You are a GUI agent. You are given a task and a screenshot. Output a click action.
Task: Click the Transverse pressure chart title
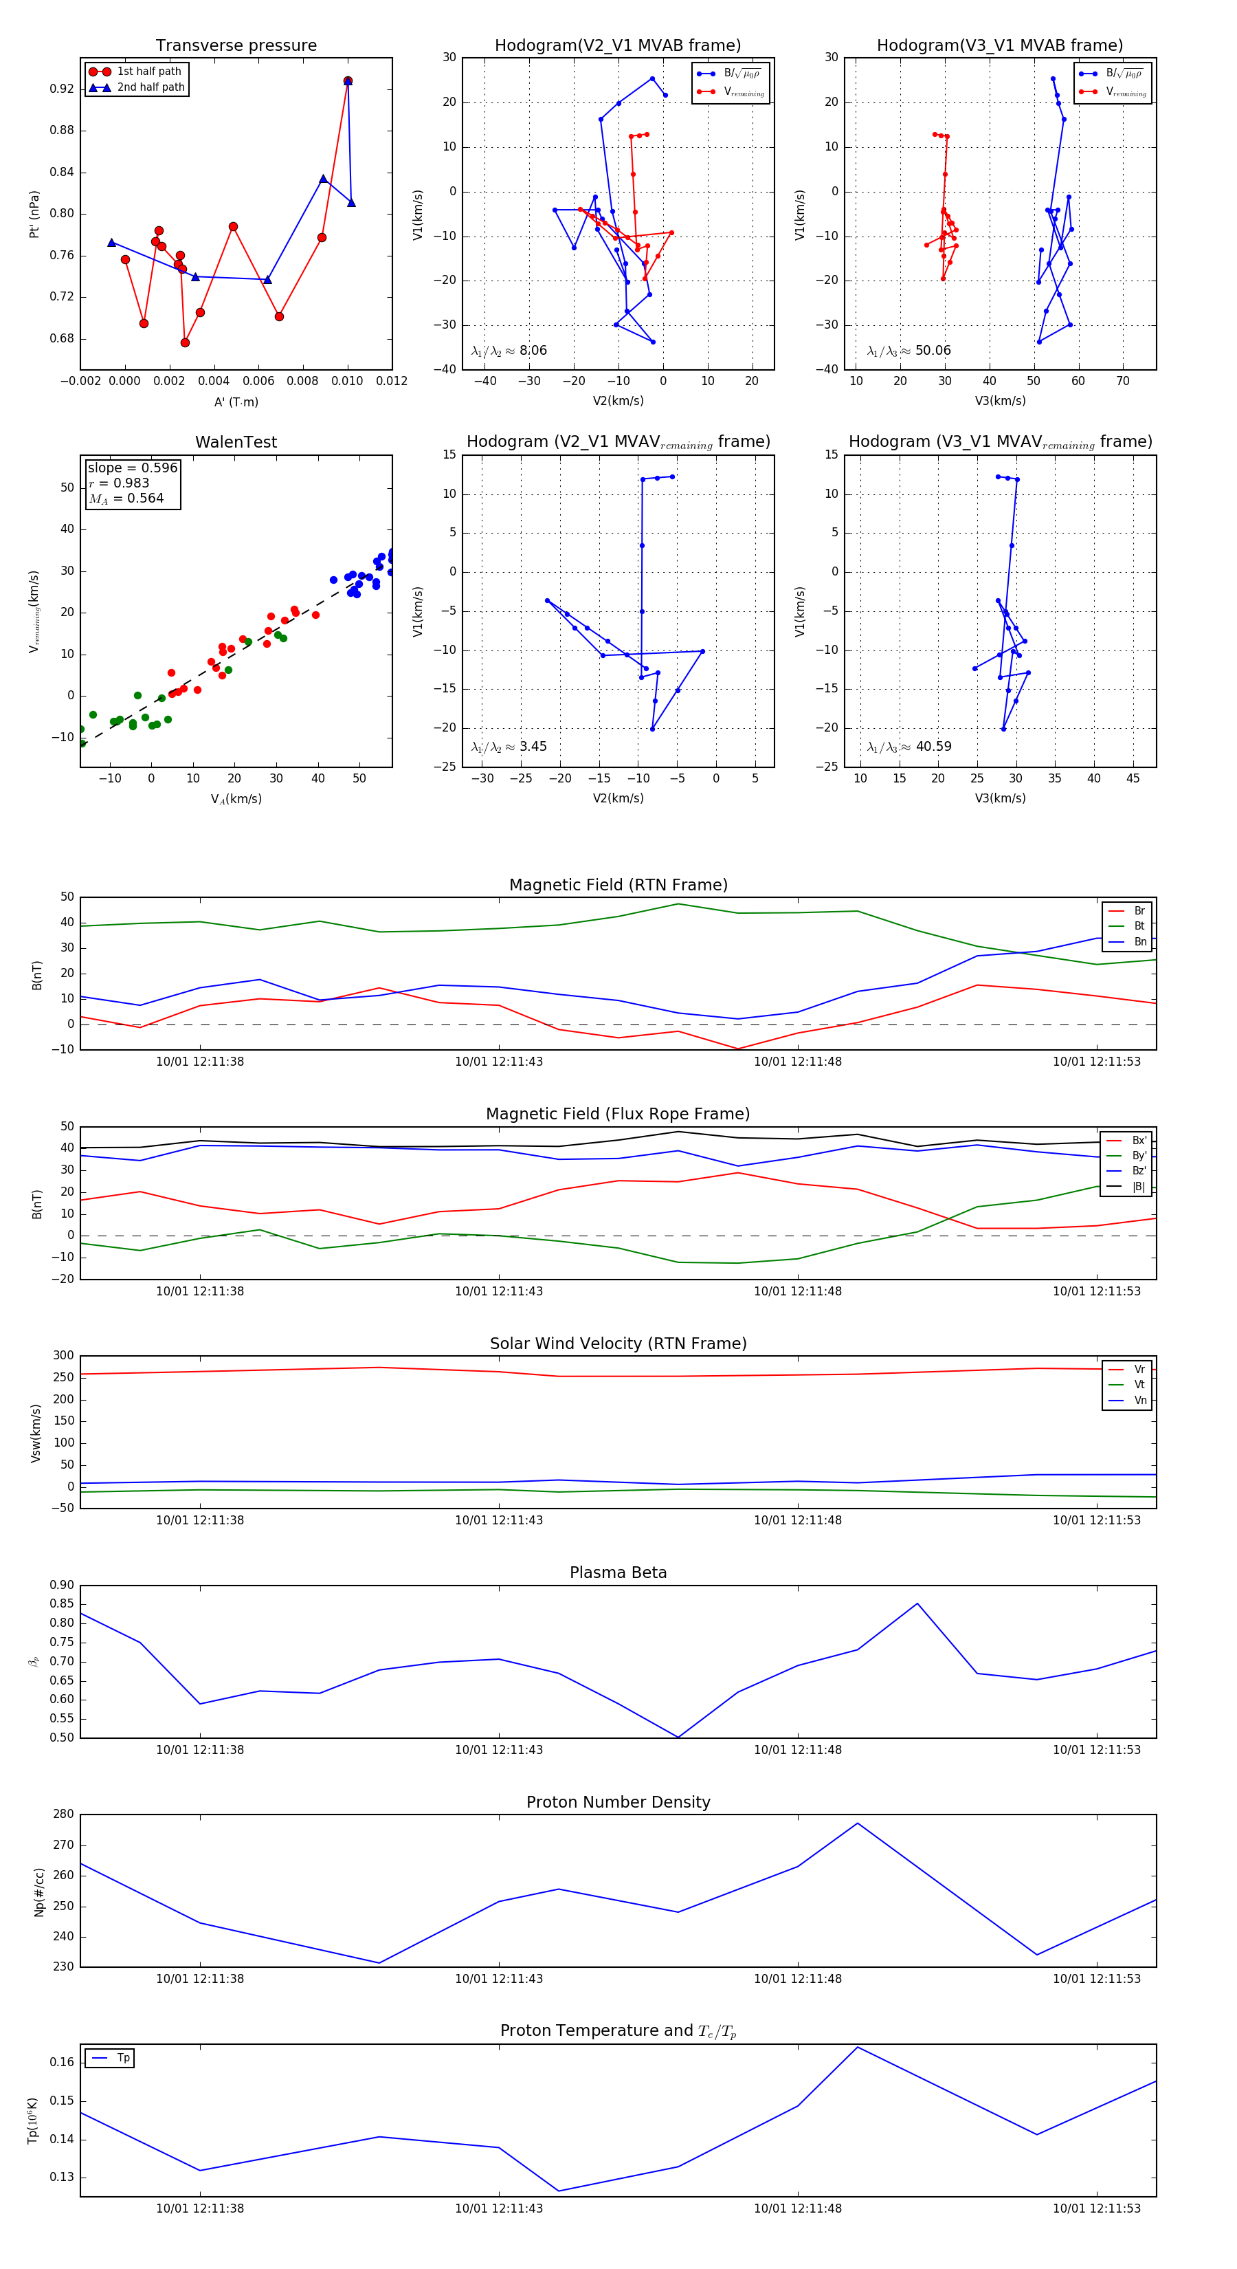[x=236, y=46]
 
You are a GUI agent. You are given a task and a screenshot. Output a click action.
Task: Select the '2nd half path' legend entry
[x=151, y=87]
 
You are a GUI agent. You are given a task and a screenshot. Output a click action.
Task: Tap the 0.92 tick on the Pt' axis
[x=62, y=89]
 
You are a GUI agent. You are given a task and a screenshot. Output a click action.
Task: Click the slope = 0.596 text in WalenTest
[x=132, y=468]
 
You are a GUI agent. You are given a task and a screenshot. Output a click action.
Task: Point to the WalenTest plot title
[x=236, y=442]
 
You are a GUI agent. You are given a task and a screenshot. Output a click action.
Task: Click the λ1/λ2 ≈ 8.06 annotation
[x=509, y=351]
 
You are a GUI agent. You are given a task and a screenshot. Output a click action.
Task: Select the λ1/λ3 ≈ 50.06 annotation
[x=909, y=351]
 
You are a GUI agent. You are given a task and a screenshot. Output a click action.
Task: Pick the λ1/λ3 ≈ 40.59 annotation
[x=909, y=747]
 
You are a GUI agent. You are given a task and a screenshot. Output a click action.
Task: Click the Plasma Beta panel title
[x=618, y=1573]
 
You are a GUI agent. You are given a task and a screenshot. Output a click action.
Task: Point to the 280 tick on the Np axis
[x=63, y=1815]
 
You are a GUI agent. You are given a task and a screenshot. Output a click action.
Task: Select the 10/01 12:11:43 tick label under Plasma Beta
[x=499, y=1750]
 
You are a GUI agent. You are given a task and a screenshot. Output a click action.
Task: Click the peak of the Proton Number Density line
[x=858, y=1823]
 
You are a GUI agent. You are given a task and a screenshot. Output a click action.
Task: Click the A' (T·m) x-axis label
[x=236, y=402]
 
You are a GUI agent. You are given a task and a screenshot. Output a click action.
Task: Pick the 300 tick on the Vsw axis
[x=63, y=1356]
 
